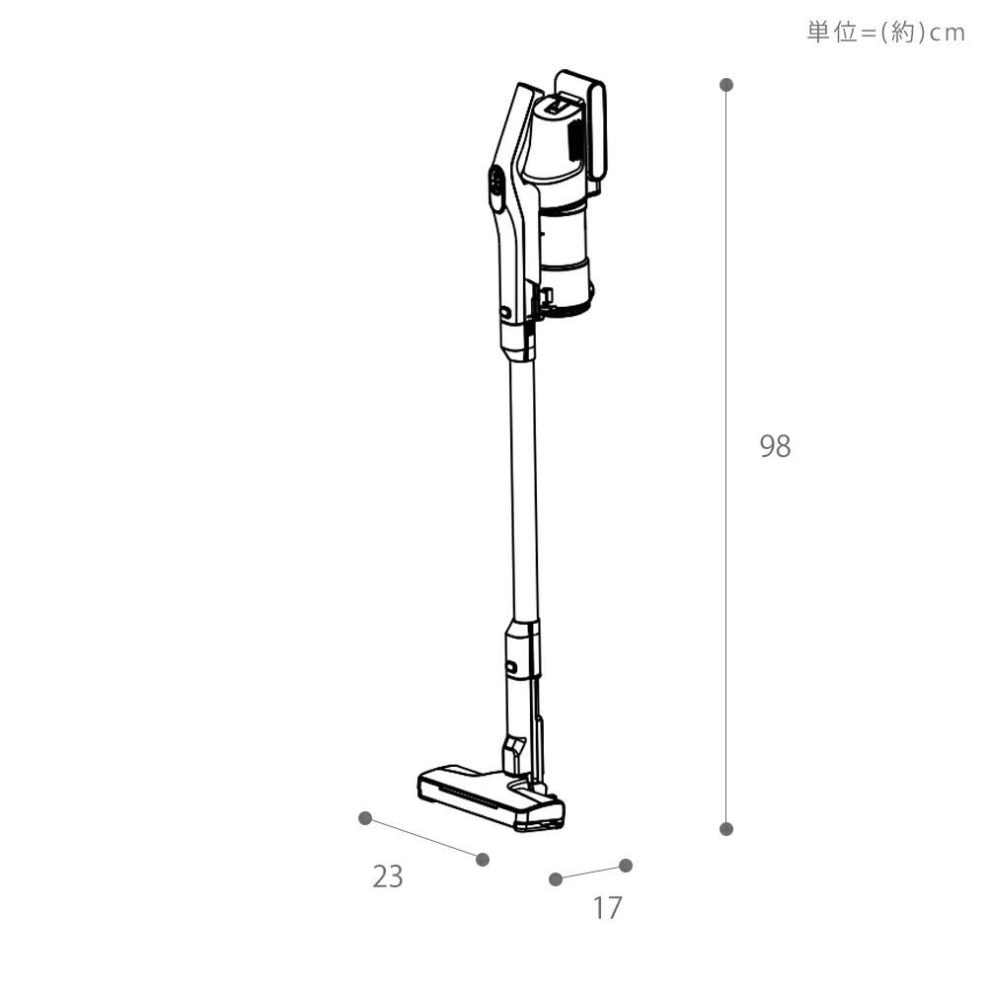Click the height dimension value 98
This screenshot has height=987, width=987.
pos(775,446)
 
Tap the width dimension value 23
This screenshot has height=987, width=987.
pos(387,876)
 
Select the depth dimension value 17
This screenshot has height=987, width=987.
pos(607,908)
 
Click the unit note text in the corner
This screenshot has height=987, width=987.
pos(885,33)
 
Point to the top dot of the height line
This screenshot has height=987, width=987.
pos(726,84)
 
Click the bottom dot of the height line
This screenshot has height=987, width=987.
pos(726,828)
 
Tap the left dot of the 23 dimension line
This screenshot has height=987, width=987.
pos(364,817)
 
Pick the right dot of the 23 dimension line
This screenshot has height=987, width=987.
pos(483,860)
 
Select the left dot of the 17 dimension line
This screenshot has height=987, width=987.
pos(555,878)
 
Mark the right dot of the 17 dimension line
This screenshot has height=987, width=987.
pos(626,866)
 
